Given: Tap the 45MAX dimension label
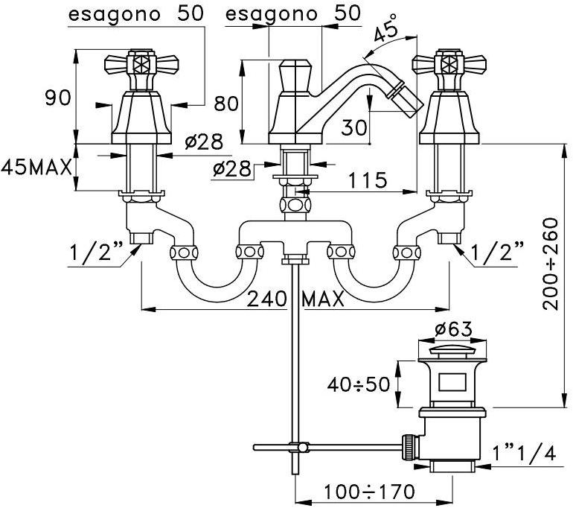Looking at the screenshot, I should coord(36,166).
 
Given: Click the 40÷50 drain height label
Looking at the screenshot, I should coord(359,384).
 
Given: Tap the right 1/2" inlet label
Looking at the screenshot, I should coord(496,252).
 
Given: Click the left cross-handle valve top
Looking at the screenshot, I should coord(138,63).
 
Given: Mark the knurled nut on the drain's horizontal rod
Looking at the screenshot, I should coord(409,446).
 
